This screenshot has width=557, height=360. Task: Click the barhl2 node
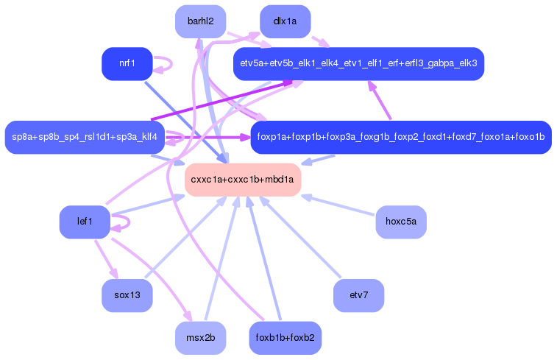click(200, 21)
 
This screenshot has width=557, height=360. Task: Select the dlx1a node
click(285, 21)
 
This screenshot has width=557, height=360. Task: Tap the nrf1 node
click(127, 63)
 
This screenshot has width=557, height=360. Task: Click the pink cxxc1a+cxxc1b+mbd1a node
click(243, 180)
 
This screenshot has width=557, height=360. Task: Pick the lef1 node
click(85, 222)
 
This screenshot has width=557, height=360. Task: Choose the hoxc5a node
click(401, 222)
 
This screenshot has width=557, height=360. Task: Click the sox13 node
click(127, 295)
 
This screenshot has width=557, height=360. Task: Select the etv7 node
click(358, 295)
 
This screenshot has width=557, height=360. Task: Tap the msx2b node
click(200, 338)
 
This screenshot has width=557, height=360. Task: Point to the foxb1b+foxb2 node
click(285, 338)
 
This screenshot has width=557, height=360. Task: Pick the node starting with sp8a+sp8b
click(85, 137)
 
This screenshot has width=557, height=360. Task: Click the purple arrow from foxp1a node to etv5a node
click(379, 100)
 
